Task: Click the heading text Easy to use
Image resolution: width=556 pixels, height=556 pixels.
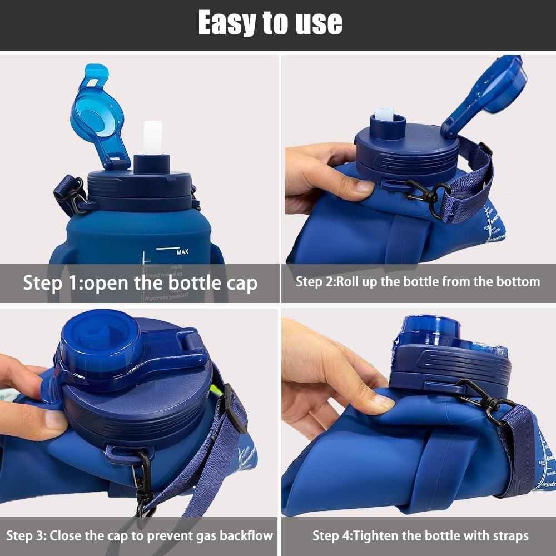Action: pyautogui.click(x=270, y=23)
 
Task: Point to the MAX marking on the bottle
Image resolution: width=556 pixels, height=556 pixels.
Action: pyautogui.click(x=182, y=252)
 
